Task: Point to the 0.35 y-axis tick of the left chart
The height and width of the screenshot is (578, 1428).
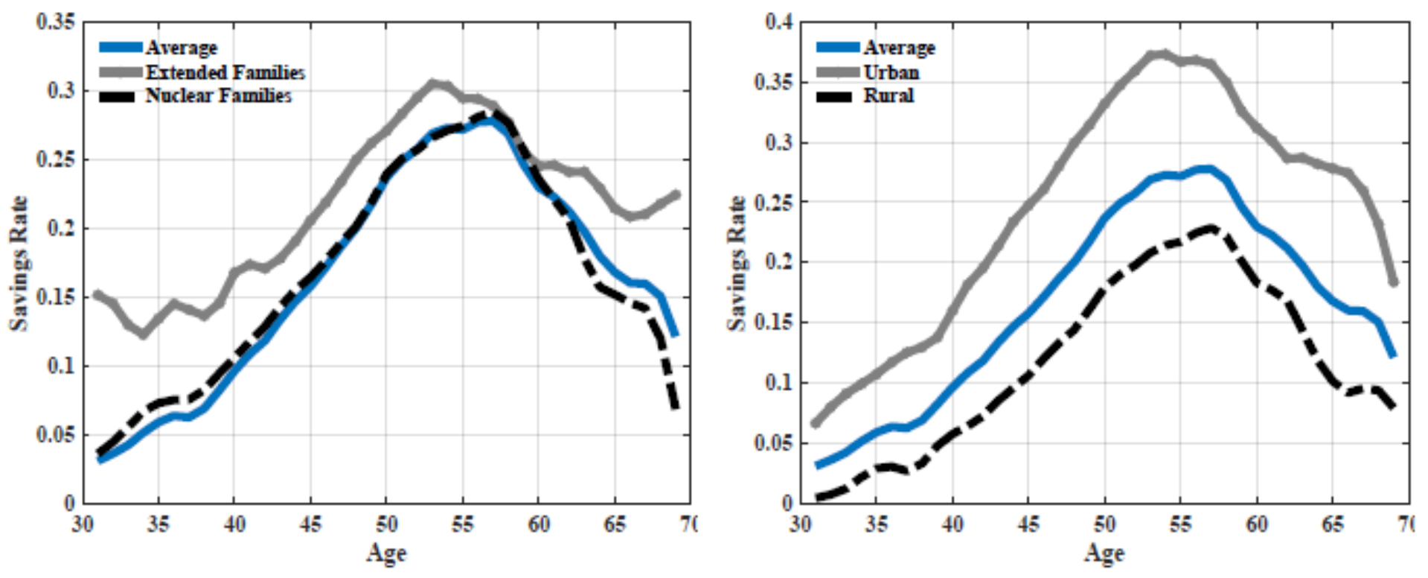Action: coord(56,22)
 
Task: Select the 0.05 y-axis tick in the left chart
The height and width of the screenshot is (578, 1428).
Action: coord(56,434)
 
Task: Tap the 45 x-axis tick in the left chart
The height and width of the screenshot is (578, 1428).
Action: coord(310,524)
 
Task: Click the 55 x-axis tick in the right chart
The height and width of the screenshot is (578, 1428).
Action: coord(1180,524)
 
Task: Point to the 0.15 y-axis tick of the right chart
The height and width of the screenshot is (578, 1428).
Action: coord(774,323)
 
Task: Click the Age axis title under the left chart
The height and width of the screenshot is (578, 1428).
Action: coord(386,553)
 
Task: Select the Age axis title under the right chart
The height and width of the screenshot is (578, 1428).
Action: coord(1104,553)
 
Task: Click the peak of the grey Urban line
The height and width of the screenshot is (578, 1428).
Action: coord(1162,54)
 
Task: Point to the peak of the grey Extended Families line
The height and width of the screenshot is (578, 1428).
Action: coord(432,83)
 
